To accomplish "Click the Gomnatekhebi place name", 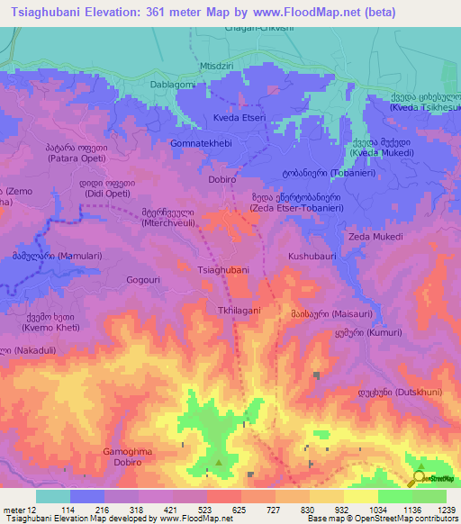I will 201,143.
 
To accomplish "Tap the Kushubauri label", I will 312,257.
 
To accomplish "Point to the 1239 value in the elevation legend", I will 447,509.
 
